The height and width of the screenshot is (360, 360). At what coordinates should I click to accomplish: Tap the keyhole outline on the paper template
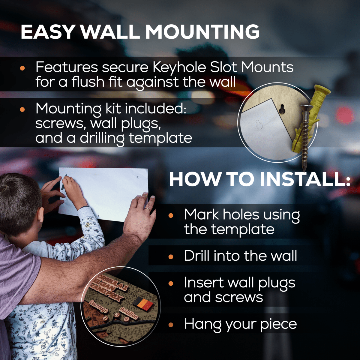click(x=259, y=124)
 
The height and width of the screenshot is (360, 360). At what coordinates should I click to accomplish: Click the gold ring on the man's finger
click(x=148, y=209)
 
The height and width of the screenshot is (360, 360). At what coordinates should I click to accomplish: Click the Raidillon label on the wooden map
click(x=129, y=313)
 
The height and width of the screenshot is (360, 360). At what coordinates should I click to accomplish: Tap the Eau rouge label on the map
click(x=98, y=307)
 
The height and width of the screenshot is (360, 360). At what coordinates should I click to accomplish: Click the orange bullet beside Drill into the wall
click(x=171, y=257)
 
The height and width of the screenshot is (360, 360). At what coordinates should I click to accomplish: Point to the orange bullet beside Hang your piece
click(x=171, y=325)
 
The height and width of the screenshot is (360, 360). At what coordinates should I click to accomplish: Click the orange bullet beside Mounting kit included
click(x=22, y=109)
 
